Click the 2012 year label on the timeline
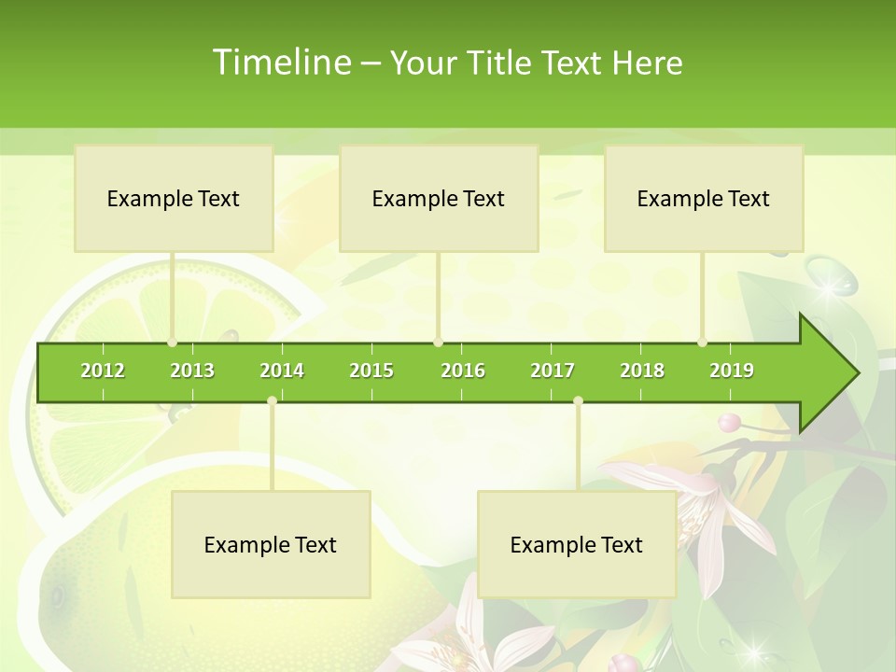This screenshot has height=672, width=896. [103, 371]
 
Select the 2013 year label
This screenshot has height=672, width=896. [192, 371]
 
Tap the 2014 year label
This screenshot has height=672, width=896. [282, 371]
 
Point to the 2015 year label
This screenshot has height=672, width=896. [371, 371]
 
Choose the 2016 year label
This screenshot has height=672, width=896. [463, 371]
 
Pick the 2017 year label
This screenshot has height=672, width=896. [553, 371]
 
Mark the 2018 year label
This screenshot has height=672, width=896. [642, 371]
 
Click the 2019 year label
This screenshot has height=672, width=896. [732, 371]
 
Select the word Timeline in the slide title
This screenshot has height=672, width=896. [281, 63]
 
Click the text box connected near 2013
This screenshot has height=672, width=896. [174, 198]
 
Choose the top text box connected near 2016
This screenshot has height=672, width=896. [439, 198]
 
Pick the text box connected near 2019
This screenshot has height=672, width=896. [704, 198]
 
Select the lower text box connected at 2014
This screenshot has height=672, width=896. [271, 544]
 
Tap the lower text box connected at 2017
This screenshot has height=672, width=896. [577, 544]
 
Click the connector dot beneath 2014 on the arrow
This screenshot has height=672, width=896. [272, 400]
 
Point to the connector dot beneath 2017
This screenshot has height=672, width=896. [578, 400]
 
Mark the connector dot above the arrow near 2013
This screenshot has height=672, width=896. [172, 343]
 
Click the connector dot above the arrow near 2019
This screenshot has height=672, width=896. [702, 343]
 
